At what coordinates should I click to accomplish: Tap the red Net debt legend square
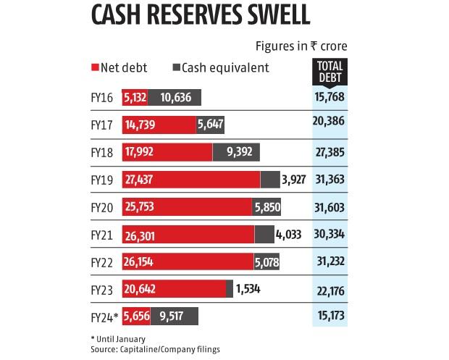coord(94,68)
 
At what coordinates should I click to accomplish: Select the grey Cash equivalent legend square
coord(177,68)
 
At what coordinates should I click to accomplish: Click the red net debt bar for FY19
coord(190,179)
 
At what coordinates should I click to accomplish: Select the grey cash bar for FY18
coord(236,152)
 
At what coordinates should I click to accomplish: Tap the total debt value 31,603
coord(331,206)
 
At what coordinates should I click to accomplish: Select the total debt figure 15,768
coord(331,97)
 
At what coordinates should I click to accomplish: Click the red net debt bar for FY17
coord(159,125)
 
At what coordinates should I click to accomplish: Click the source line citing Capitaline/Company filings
coord(155,349)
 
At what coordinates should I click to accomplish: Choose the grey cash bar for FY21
coord(265,234)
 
